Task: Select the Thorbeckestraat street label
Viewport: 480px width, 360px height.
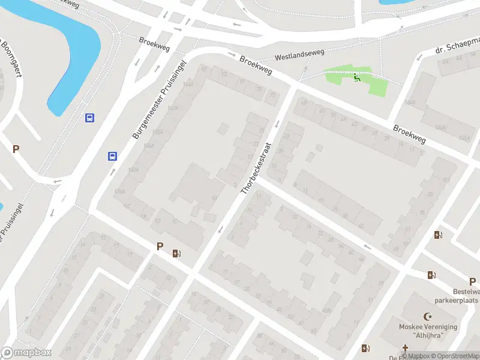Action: tap(257, 167)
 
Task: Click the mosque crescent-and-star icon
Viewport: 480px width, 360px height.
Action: tap(428, 316)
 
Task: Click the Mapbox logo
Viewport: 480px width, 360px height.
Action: tap(26, 353)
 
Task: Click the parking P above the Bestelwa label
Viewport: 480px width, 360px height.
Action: tap(472, 281)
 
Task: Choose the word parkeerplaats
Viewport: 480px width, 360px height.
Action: tap(457, 300)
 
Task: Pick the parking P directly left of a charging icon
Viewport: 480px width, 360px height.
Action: tap(160, 246)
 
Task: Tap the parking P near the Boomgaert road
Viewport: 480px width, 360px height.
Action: tap(16, 149)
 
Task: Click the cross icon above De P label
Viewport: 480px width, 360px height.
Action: tap(406, 348)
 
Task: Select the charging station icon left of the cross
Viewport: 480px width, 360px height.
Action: tap(365, 348)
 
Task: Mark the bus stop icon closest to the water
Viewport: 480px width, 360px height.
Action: tap(89, 118)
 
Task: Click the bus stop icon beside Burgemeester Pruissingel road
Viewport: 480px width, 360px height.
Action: tap(112, 156)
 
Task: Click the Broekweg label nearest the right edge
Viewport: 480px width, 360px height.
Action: tap(410, 134)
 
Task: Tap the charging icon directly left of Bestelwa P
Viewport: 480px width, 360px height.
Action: tap(431, 275)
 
